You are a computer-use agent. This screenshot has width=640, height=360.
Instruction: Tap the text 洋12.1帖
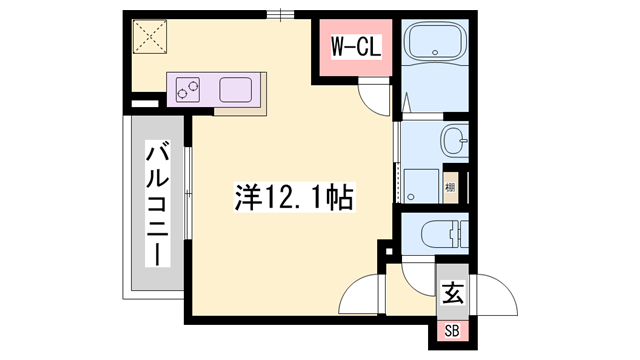294,196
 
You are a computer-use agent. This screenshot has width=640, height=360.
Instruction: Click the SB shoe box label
452,331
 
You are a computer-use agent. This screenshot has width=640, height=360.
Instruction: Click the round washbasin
454,141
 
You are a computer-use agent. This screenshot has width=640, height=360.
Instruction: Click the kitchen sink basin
236,89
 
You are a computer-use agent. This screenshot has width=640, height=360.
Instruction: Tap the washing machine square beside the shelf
420,184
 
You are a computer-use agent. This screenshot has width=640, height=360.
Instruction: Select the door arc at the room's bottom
360,295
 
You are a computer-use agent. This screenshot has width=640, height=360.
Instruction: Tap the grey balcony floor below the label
155,280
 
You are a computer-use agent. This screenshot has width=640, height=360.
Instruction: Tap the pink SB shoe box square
452,331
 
